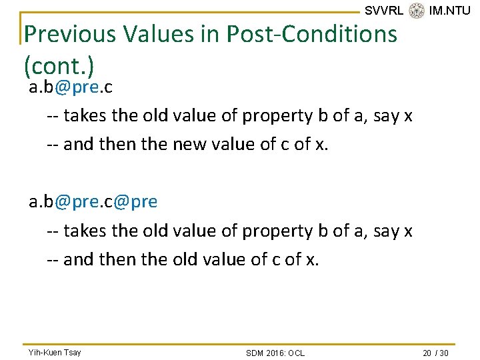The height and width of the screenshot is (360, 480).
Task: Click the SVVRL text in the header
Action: click(x=384, y=10)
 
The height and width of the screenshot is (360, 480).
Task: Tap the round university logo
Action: click(x=417, y=10)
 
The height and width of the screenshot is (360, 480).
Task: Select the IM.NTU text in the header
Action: click(x=450, y=10)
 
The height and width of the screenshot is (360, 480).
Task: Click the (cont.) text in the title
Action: click(x=58, y=66)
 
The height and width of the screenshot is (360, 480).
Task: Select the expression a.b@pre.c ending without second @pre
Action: click(x=70, y=88)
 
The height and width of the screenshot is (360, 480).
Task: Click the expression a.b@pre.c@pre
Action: click(x=93, y=201)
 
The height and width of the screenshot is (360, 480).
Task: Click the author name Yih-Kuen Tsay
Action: click(x=54, y=352)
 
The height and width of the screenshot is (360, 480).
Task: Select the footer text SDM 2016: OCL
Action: click(x=275, y=353)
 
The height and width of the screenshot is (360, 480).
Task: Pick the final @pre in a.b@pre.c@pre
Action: click(x=135, y=201)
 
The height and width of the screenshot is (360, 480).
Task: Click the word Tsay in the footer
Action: click(x=72, y=352)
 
